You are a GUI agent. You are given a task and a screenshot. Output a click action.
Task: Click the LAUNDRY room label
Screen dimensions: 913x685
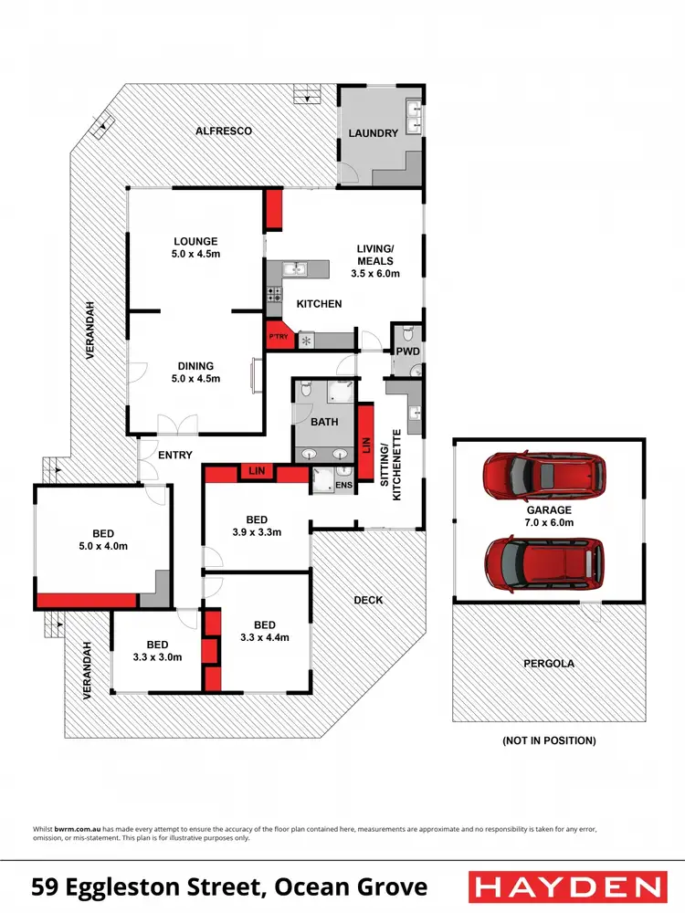(374, 133)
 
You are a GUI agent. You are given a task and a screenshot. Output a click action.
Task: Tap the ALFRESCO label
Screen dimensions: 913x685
(224, 131)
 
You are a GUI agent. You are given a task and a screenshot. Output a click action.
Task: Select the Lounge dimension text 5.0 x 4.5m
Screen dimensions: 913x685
(196, 255)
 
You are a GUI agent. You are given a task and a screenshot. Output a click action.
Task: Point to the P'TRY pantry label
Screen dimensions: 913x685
(278, 338)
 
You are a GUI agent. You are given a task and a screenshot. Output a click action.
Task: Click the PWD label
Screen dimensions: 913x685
(406, 351)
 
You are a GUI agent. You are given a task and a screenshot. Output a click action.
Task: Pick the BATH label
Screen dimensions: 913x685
(324, 423)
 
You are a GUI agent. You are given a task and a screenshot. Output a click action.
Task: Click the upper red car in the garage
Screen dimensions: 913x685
(543, 474)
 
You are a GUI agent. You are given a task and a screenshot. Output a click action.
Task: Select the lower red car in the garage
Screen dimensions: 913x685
(544, 561)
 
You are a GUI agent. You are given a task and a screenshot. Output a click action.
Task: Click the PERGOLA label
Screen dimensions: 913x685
(549, 664)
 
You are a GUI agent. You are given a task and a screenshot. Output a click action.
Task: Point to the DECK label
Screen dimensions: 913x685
(368, 600)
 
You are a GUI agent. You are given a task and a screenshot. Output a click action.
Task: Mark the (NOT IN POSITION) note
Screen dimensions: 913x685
(549, 740)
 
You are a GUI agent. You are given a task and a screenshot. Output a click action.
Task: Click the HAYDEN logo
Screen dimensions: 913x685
(565, 886)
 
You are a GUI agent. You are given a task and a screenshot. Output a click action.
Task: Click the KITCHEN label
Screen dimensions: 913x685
(320, 304)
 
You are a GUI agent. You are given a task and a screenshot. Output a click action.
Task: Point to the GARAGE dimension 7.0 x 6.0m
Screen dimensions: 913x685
(549, 523)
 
